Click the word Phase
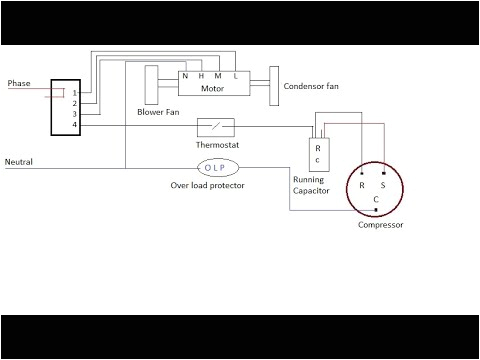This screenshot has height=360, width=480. click(x=20, y=83)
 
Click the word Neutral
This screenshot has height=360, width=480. click(x=22, y=161)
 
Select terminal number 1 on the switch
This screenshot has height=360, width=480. click(x=74, y=93)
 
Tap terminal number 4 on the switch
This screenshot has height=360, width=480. click(x=74, y=125)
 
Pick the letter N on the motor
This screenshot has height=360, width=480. click(x=185, y=76)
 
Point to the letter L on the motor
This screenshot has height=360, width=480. click(x=236, y=76)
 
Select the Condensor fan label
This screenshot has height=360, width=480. click(x=312, y=87)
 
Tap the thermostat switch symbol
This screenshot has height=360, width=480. click(x=215, y=126)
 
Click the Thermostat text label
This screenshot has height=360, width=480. click(x=218, y=146)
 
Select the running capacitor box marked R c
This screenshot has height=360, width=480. click(x=317, y=154)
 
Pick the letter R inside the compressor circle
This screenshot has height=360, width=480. click(x=362, y=185)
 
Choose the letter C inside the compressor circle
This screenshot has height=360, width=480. click(x=375, y=199)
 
